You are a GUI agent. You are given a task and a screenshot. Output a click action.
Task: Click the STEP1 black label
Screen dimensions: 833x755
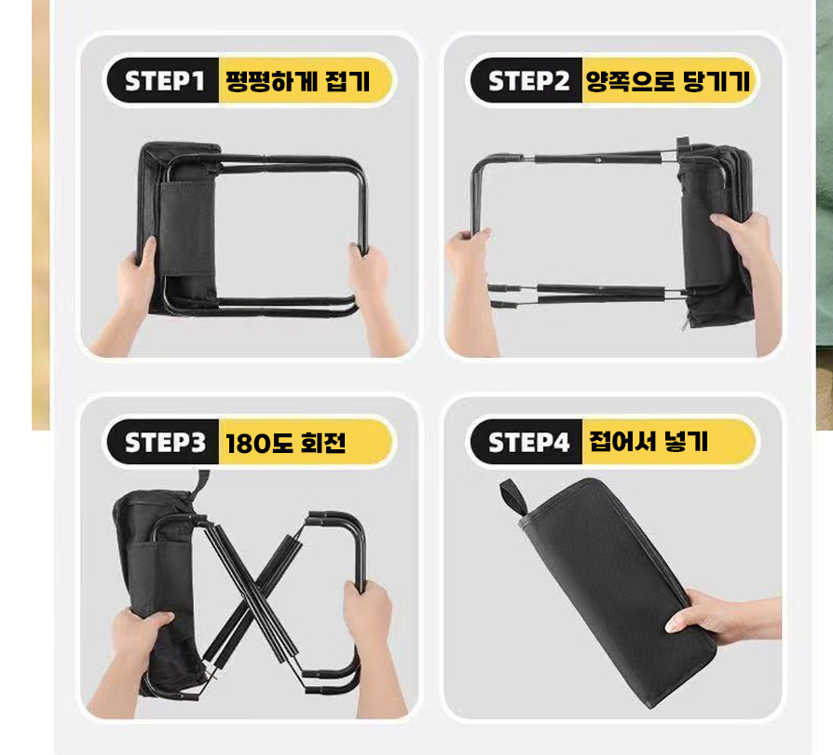click(163, 80)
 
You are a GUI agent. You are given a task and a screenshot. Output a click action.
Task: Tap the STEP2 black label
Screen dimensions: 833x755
click(526, 80)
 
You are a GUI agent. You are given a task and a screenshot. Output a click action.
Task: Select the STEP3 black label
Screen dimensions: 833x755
click(163, 442)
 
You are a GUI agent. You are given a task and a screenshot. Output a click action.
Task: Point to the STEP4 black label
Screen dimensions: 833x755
click(526, 442)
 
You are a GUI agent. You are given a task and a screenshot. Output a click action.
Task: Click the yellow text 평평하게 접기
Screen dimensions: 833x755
click(297, 81)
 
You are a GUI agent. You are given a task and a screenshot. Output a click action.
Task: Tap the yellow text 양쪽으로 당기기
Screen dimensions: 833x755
click(668, 81)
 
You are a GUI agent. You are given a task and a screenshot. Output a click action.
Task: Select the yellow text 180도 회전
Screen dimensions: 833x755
click(286, 443)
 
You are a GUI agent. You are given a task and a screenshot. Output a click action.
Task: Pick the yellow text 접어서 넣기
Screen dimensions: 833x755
click(649, 442)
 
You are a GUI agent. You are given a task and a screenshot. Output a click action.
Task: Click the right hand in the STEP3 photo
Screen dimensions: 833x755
click(372, 643)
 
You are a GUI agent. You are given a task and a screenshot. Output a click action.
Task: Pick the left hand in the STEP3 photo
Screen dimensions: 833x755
click(133, 659)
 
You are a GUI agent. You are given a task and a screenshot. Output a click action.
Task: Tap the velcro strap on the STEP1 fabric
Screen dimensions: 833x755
click(187, 228)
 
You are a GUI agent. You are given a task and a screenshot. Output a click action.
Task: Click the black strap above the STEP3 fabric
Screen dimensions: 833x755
click(202, 485)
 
